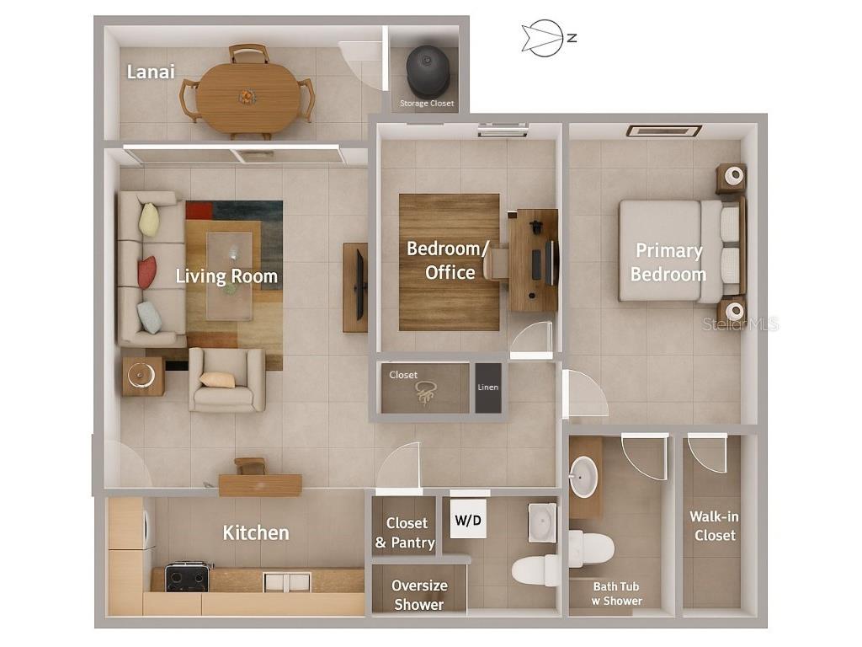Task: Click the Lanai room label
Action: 151,72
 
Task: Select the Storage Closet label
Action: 426,104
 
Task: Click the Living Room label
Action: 226,276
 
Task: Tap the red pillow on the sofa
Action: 147,271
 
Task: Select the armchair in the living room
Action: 226,380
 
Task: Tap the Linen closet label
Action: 488,388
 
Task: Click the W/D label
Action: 469,521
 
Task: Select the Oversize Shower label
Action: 419,595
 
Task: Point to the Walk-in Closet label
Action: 712,527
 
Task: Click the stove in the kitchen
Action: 187,577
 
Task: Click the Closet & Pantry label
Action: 406,533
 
